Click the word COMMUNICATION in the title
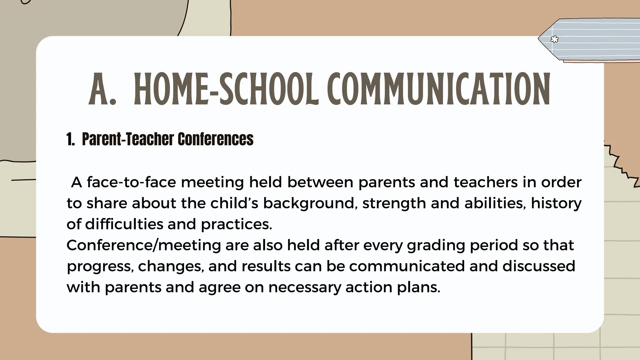439,89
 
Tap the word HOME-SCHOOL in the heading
226,89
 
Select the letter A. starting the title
102,89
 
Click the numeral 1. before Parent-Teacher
71,139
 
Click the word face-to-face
132,182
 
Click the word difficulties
124,224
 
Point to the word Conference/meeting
144,245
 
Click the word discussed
539,266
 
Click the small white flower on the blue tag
554,39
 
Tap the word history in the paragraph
556,204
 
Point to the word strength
394,204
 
